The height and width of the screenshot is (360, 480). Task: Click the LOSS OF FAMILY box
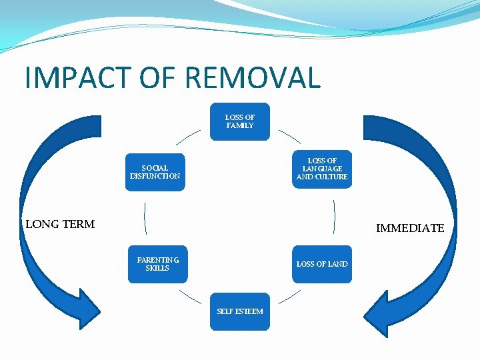[240, 121]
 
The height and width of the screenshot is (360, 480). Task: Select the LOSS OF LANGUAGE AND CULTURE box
[322, 169]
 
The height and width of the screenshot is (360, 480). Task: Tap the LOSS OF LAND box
[322, 264]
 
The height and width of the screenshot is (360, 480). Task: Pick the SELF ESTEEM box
[240, 311]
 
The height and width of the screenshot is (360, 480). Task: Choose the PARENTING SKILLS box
[157, 264]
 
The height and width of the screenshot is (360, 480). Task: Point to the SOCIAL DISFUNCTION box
[155, 172]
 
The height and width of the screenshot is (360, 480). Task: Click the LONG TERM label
[60, 224]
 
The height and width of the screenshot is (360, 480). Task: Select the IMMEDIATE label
[409, 228]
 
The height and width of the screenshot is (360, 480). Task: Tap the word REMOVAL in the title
[253, 77]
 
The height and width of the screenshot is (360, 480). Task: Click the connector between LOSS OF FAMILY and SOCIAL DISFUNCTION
[188, 137]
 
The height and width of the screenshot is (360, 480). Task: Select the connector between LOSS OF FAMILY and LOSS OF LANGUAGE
[290, 137]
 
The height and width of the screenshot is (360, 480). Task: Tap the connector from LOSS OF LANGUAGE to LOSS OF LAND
[334, 217]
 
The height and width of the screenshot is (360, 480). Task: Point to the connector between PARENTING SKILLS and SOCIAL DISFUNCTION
[145, 217]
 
